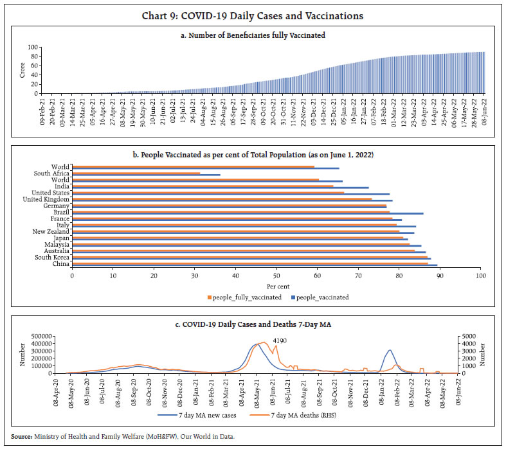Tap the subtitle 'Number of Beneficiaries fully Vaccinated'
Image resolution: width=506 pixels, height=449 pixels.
coord(253,35)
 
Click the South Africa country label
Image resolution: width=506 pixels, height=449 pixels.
coord(52,173)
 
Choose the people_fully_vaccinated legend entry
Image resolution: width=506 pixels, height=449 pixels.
coord(244,297)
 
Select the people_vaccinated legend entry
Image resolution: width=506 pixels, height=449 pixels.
coord(319,297)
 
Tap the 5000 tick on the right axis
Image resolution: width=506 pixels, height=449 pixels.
coord(467,336)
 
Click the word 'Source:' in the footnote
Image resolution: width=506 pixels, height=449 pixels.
coord(21,437)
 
